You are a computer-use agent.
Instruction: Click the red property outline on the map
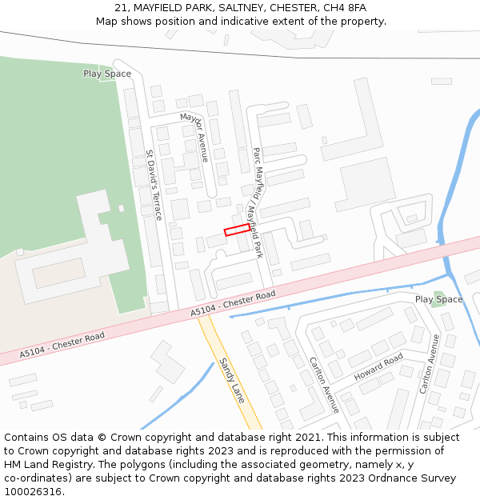[x=236, y=230]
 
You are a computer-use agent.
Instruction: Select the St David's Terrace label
[x=154, y=185]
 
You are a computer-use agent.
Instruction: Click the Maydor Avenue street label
[x=194, y=137]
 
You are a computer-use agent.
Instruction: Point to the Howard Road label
[x=378, y=366]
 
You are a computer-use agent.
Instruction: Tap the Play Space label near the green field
[x=107, y=74]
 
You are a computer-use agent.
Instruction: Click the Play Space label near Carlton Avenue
[x=438, y=299]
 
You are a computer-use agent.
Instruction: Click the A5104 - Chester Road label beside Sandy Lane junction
[x=233, y=305]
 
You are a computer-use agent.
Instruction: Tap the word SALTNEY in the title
[x=220, y=8]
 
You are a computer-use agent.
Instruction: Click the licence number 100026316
[x=32, y=492]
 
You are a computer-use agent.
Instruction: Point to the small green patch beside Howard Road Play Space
[x=437, y=302]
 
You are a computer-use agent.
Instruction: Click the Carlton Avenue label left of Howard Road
[x=324, y=385]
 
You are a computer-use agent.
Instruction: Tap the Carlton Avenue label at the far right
[x=430, y=364]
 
